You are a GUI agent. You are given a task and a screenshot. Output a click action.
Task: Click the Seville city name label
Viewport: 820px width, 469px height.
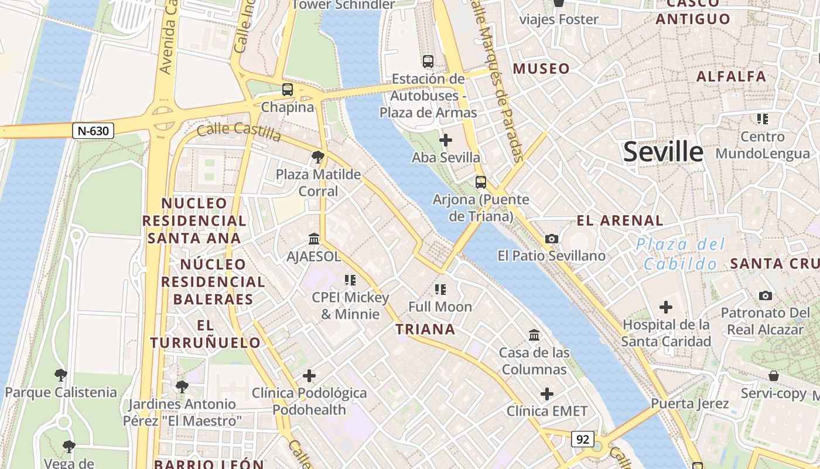pos(662,152)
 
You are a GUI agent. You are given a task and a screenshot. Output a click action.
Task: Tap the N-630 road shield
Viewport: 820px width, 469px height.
pos(93,131)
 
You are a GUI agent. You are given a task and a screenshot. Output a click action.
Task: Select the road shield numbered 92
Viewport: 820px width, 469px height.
pos(583,439)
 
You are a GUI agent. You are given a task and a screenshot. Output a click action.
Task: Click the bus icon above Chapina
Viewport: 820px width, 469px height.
pos(287,90)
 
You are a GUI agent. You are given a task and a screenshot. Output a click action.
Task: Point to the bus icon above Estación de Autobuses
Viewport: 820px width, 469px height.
pos(428,61)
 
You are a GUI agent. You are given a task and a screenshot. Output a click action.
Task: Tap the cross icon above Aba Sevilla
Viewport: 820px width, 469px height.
pos(446,140)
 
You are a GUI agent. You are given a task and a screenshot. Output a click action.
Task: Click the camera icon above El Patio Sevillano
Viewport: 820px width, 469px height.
pos(551,239)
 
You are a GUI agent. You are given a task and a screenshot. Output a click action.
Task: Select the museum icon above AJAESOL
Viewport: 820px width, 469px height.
pos(314,239)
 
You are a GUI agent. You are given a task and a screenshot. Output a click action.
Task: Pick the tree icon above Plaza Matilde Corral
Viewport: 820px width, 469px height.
pos(318,157)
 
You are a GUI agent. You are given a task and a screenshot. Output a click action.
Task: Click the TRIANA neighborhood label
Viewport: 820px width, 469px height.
pos(425,329)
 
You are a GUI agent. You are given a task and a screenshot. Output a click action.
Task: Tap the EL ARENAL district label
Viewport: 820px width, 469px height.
pos(620,221)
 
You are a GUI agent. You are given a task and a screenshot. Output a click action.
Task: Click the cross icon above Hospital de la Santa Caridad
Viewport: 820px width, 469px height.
pos(665,307)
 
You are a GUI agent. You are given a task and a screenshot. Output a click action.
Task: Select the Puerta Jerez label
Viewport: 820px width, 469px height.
pos(689,403)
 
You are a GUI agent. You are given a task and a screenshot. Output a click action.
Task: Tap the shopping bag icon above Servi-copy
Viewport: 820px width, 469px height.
pos(773,376)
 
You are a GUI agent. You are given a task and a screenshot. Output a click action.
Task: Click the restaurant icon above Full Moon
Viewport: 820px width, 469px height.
pos(440,289)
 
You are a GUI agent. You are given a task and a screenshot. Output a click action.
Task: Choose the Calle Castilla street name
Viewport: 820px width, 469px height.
pos(239,131)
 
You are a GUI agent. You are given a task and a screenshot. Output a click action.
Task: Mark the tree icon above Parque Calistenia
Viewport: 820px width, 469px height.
pos(60,375)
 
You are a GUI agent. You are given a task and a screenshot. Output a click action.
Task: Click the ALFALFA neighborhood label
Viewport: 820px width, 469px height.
pos(731,76)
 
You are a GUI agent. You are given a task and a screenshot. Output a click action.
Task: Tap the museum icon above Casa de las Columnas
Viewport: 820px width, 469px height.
pos(534,335)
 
